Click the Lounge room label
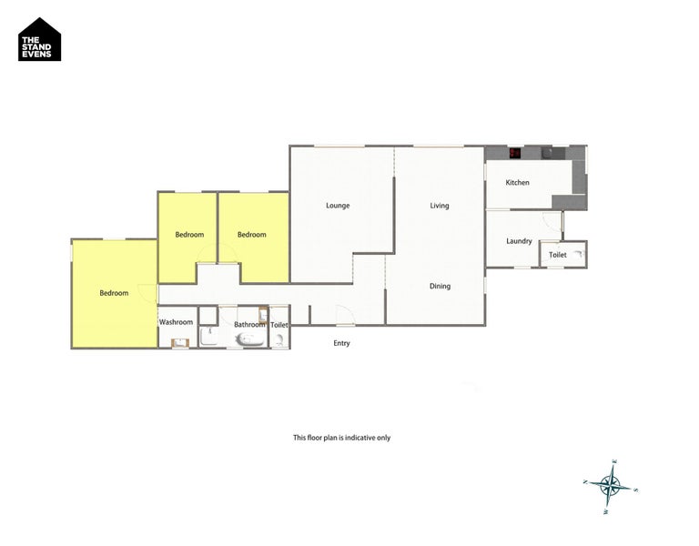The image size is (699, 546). tap(338, 206)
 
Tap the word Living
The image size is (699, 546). tap(440, 206)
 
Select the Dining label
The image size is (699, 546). tap(440, 286)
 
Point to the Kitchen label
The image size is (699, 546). tap(518, 183)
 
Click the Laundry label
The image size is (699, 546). tap(519, 241)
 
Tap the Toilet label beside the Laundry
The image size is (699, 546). tap(558, 255)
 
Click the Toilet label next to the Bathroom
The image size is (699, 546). tap(279, 325)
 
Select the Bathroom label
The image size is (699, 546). tap(249, 325)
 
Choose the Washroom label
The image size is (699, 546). tap(176, 322)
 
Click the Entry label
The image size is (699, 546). tap(341, 343)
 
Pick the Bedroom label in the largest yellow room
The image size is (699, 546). tap(114, 293)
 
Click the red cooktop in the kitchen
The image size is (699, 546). tap(515, 153)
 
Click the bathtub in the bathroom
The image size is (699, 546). tap(249, 339)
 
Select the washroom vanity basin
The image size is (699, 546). tap(179, 342)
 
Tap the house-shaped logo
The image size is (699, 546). tap(40, 40)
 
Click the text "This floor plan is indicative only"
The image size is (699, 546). tap(341, 438)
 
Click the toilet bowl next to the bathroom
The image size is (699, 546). tap(279, 339)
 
